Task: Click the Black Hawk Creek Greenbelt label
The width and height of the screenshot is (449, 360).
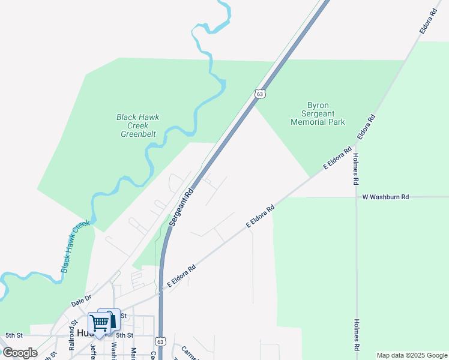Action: point(138,125)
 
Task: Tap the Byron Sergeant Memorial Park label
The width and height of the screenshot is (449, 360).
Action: point(318,113)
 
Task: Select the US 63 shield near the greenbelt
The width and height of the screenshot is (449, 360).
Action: point(259,94)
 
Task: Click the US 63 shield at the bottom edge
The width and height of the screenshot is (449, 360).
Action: point(159,341)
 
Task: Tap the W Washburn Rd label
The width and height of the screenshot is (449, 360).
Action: point(385,197)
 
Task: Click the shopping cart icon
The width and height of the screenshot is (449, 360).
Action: point(99,323)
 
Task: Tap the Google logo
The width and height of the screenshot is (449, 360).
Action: point(20,353)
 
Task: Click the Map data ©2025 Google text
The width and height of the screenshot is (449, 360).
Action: point(412,355)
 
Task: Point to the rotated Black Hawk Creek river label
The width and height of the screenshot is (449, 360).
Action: point(75,247)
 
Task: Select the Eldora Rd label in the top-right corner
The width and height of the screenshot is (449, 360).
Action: point(427,20)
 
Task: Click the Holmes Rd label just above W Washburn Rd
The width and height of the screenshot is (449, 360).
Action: point(356,169)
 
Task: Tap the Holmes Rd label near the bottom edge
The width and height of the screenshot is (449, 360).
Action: point(357,335)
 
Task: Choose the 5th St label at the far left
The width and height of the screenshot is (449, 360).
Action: point(13,335)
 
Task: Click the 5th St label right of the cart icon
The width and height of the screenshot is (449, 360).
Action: point(124,335)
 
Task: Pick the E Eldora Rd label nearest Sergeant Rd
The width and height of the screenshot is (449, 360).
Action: point(182,277)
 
